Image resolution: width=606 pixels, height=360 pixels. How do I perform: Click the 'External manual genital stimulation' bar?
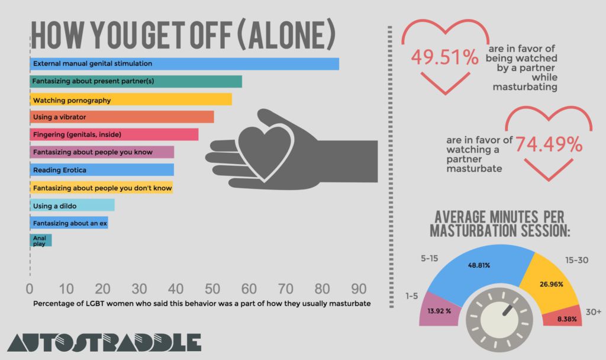184,63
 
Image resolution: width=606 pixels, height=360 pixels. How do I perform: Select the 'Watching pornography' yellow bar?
131,99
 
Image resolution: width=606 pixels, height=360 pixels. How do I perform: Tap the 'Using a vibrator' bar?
121,117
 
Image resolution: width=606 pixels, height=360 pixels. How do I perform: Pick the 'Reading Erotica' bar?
102,170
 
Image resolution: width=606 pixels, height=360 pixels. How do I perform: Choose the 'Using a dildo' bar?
72,205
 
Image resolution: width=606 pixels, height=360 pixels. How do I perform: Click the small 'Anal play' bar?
40,240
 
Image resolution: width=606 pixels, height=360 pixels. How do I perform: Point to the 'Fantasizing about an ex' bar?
69,223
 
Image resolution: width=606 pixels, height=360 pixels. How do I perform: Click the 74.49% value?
549,144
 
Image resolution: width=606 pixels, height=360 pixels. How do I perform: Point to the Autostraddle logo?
104,343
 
